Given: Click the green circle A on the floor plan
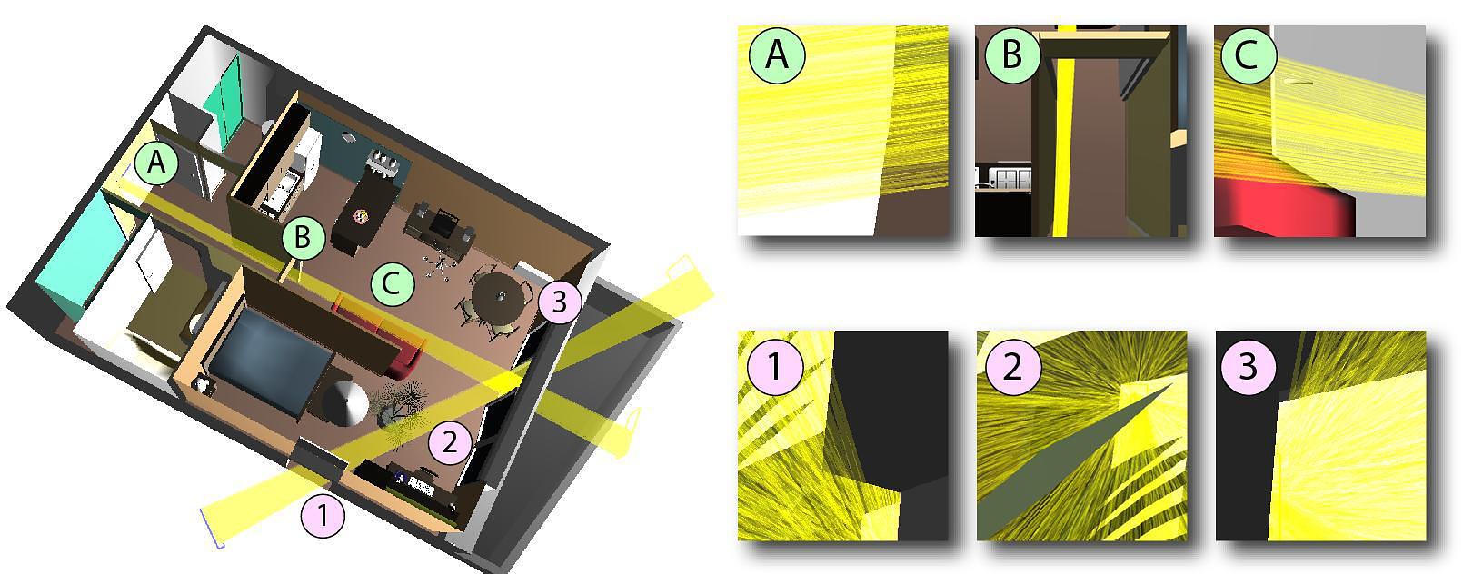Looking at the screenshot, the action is [x=156, y=162].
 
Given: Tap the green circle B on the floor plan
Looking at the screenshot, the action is [x=304, y=237].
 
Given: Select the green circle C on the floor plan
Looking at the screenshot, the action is [x=393, y=284].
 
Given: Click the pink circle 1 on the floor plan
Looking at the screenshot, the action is [x=323, y=516].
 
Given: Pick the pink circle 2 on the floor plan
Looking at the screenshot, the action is [x=450, y=442].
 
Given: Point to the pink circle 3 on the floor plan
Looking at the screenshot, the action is [x=560, y=302].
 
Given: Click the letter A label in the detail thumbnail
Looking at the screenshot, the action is [x=777, y=54].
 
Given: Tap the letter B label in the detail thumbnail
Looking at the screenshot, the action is [x=1012, y=54].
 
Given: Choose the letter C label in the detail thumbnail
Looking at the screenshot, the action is [x=1247, y=54].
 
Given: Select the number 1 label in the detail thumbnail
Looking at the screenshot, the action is [x=774, y=366].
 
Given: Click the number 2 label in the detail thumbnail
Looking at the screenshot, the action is [x=1012, y=366].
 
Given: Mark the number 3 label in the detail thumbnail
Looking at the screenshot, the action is [x=1248, y=366].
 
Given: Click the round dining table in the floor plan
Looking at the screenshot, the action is [x=500, y=298].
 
